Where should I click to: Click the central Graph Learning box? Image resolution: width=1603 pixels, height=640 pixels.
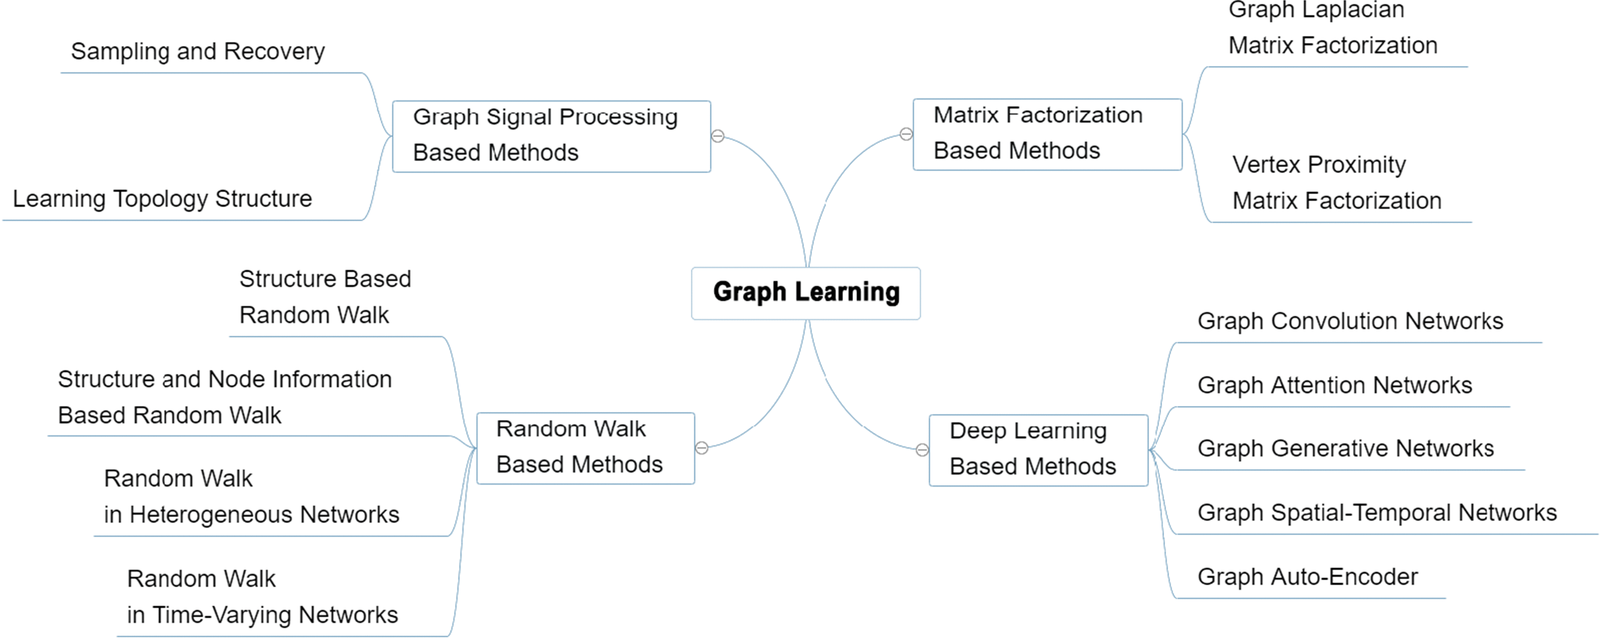(806, 293)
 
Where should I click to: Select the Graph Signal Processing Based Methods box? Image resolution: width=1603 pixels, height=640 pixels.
(551, 135)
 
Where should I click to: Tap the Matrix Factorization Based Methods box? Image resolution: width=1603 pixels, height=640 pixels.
(1047, 134)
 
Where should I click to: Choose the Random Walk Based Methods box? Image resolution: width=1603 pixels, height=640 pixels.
(586, 448)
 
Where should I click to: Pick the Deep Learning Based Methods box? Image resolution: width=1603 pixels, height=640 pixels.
(1038, 450)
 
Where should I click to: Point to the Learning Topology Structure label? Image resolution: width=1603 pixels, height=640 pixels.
(162, 199)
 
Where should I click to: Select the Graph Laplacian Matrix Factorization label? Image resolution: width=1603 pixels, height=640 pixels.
(1333, 28)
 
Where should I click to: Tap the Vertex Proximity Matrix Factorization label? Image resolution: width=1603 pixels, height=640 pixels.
(1337, 183)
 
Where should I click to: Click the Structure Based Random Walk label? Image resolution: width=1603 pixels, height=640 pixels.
(325, 297)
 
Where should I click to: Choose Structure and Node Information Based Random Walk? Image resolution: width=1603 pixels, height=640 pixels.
(225, 397)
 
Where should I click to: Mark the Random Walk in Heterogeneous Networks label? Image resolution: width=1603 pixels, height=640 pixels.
(251, 497)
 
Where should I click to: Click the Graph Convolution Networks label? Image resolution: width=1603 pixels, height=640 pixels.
(1350, 321)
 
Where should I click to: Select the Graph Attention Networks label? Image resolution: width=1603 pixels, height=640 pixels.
(1335, 385)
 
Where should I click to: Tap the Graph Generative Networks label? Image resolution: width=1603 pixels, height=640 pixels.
(1345, 449)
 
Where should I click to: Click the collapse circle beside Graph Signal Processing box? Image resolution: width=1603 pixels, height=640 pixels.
(718, 135)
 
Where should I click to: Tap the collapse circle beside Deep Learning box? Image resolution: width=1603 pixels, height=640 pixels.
(922, 450)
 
